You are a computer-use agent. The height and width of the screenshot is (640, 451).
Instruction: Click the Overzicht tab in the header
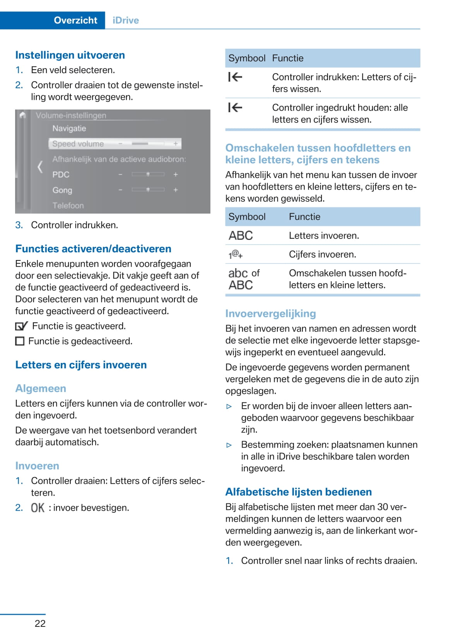[75, 20]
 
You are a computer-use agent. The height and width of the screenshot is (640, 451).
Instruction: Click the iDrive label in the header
[126, 20]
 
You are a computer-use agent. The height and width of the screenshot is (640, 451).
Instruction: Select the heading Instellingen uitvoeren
[70, 55]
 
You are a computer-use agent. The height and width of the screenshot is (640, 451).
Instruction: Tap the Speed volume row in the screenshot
[115, 144]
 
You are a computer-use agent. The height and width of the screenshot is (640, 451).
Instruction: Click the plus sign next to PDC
[176, 175]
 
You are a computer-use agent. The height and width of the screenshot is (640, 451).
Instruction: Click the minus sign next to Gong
[120, 190]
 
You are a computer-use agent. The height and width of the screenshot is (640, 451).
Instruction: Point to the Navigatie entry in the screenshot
[69, 128]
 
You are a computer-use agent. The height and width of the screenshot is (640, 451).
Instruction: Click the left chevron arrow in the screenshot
[40, 167]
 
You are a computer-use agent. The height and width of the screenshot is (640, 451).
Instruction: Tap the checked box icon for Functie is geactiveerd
[21, 326]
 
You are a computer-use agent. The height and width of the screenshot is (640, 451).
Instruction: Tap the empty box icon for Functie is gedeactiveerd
[20, 341]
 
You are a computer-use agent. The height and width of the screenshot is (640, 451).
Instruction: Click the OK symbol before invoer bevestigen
[38, 508]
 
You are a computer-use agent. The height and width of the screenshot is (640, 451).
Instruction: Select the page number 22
[40, 623]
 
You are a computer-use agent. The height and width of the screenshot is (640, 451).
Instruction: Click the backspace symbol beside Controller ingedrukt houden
[235, 108]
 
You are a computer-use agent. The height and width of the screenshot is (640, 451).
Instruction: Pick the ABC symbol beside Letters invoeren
[241, 235]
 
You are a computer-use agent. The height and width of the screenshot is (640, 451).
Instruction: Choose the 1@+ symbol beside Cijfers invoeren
[235, 254]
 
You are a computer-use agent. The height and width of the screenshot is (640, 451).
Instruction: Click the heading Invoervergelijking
[270, 313]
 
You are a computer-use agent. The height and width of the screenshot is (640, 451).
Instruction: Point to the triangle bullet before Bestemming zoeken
[229, 445]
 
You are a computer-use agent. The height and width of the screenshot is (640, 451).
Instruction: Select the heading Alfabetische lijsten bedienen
[298, 492]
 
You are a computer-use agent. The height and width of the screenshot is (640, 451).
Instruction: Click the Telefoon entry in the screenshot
[68, 205]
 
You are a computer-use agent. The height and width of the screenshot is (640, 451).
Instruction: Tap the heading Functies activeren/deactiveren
[93, 248]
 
